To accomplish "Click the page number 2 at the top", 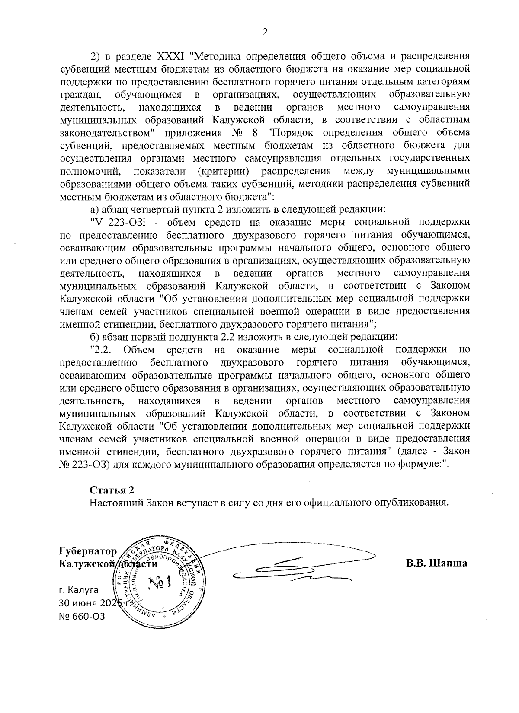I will click(x=265, y=32).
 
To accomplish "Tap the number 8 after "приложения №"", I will click(x=258, y=132).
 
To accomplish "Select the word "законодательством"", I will click(x=106, y=132).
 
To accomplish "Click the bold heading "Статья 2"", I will click(x=112, y=490).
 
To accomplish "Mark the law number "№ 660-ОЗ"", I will click(x=82, y=615).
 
